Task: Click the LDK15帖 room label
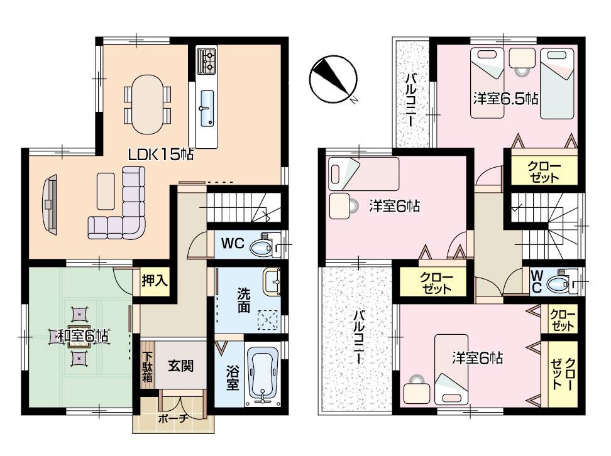[161, 154]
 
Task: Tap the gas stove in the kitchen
[207, 61]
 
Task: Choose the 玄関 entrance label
[180, 365]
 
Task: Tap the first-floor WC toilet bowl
[261, 247]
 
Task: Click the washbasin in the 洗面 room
[272, 281]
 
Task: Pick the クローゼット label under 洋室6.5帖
[543, 171]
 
